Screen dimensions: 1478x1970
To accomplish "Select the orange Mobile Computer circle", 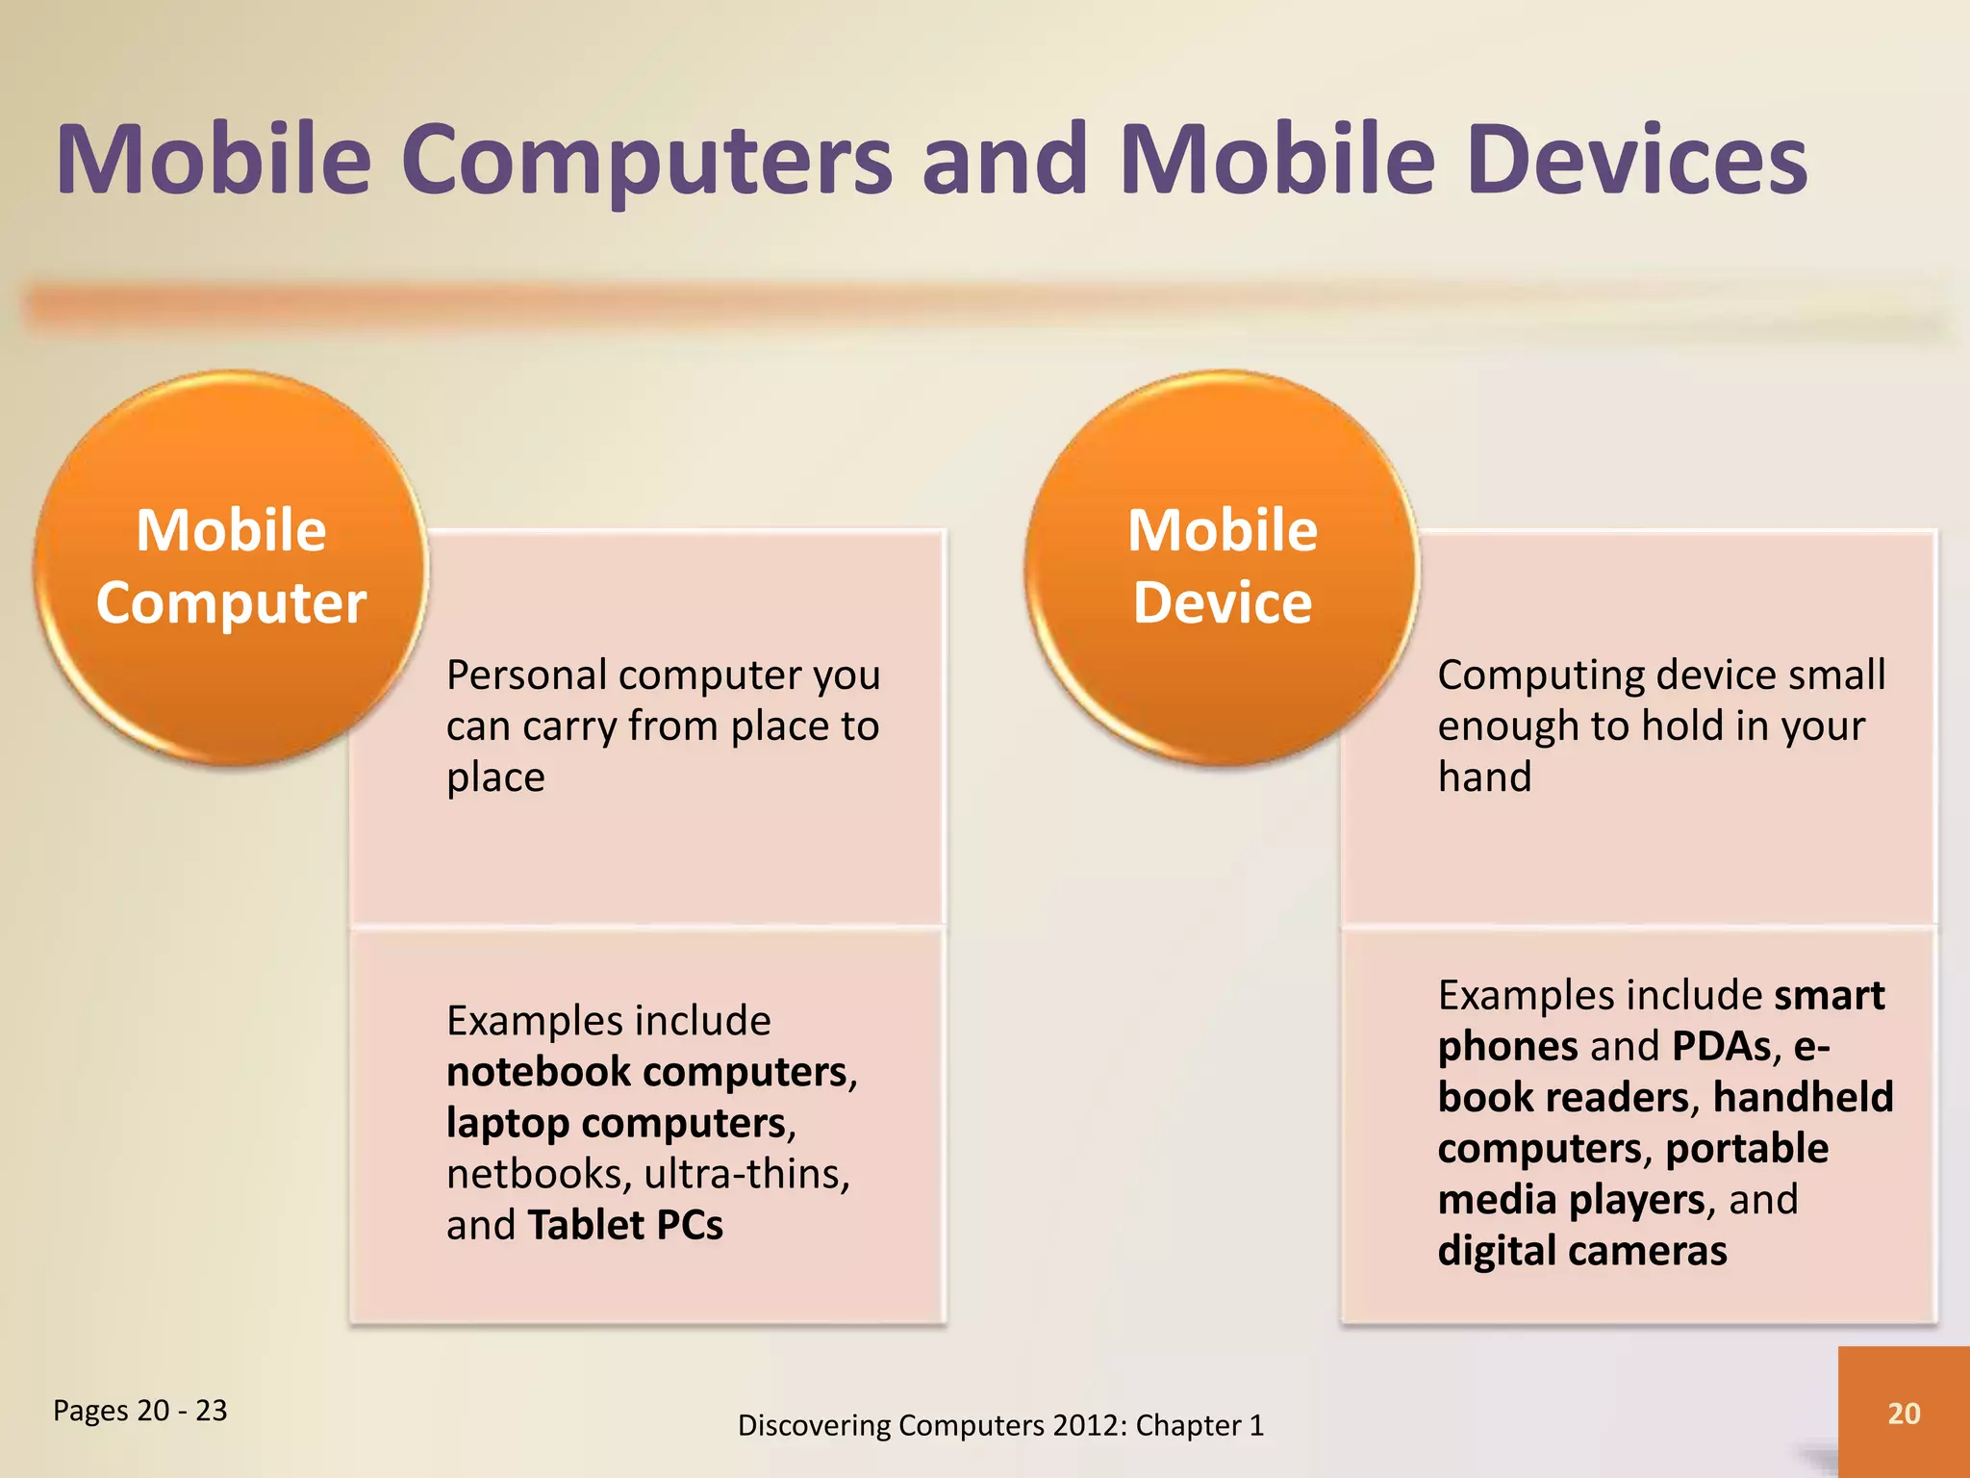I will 231,568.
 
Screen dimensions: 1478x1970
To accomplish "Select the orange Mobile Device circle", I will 1222,568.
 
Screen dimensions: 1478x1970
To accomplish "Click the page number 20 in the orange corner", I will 1904,1413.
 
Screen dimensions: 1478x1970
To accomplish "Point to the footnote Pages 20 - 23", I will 140,1411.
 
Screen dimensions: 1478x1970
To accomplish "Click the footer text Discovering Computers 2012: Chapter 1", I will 1000,1425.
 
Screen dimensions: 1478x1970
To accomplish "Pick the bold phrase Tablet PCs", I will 625,1225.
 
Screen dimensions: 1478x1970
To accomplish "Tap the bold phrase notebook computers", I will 646,1072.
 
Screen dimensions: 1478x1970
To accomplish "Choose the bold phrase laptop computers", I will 617,1123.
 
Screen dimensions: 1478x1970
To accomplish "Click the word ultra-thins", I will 746,1174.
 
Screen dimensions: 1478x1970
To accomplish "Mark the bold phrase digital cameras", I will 1582,1251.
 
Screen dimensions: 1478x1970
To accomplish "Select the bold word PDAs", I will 1722,1046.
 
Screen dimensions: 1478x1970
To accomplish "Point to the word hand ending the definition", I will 1484,777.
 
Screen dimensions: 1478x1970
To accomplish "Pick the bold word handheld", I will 1803,1097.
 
